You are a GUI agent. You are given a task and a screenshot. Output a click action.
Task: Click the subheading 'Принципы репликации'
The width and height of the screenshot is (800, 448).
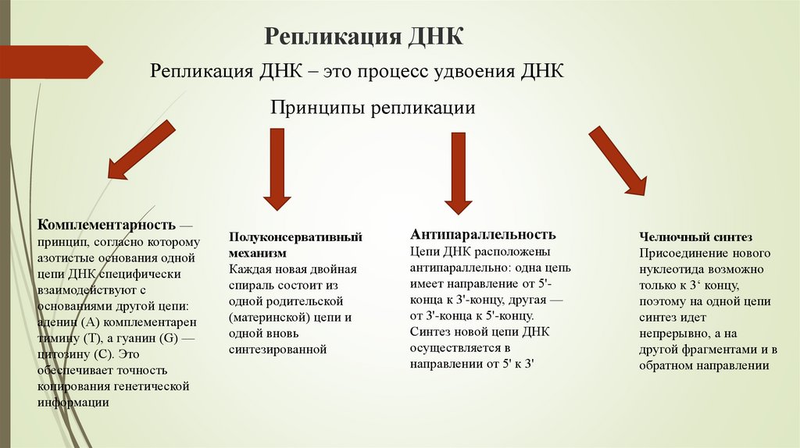[373, 106]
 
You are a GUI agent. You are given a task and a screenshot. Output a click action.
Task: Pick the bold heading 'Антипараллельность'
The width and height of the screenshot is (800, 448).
[483, 234]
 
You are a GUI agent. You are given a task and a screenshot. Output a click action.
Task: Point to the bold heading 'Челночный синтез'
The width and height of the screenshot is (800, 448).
[695, 236]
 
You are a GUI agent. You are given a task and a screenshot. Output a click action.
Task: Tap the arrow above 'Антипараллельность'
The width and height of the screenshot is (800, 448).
[458, 172]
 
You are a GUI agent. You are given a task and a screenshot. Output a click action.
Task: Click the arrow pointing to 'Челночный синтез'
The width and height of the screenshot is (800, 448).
[617, 160]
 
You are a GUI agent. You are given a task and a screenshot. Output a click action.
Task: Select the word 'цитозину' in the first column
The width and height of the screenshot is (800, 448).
[65, 354]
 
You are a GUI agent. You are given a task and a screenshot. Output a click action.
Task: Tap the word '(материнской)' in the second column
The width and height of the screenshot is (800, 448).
[266, 318]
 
